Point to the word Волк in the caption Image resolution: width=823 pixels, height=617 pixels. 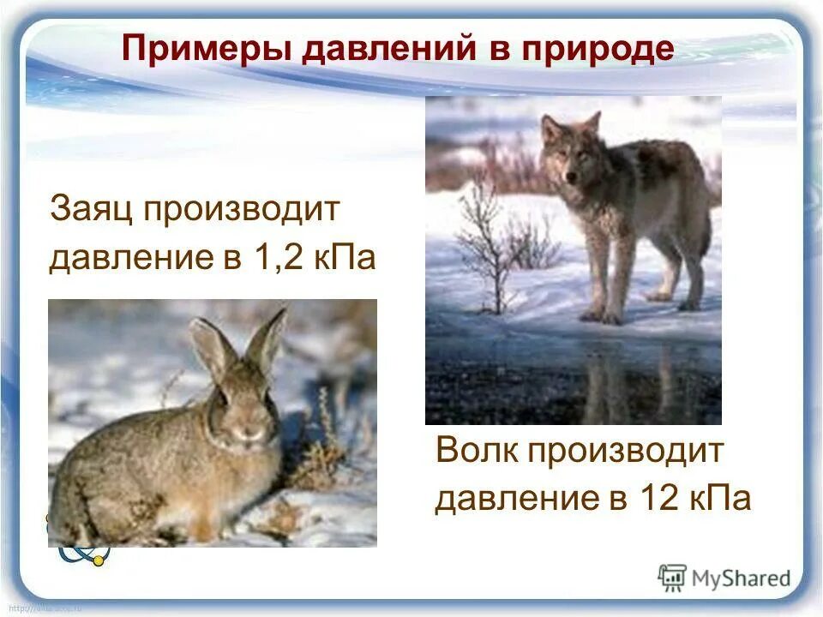pyautogui.click(x=475, y=451)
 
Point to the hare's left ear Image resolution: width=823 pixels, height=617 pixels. pyautogui.click(x=209, y=347)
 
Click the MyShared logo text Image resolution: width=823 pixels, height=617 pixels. pyautogui.click(x=741, y=578)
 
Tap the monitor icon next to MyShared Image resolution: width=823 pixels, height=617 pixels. pyautogui.click(x=672, y=578)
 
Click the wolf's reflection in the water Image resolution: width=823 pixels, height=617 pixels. pyautogui.click(x=600, y=381)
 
